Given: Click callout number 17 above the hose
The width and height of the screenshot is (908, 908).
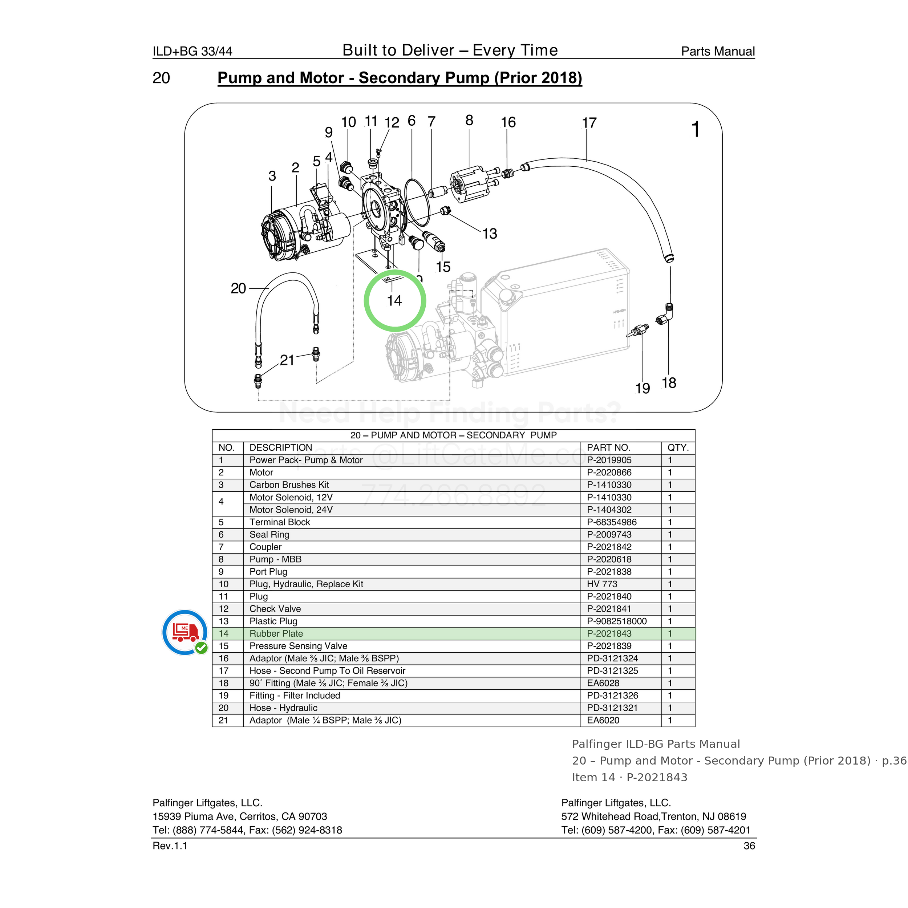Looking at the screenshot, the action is [x=589, y=123].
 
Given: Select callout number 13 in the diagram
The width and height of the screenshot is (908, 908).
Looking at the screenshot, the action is [x=489, y=234].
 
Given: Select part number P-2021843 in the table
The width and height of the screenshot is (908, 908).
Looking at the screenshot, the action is [x=609, y=633].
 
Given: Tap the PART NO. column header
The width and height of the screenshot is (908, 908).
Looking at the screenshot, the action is [x=609, y=447].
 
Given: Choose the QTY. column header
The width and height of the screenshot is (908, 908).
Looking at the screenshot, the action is [x=678, y=447].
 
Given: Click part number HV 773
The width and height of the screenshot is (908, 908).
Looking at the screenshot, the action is [x=602, y=584].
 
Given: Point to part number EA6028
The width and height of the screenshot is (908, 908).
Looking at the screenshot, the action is [x=603, y=683].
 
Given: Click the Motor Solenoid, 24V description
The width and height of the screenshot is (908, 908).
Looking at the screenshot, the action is [x=291, y=510].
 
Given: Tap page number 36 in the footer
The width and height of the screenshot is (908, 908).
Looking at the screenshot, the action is [x=749, y=846].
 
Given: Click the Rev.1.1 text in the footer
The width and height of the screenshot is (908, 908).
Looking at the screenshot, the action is [x=170, y=846].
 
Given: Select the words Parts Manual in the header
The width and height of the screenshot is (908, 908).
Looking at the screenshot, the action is [x=718, y=51].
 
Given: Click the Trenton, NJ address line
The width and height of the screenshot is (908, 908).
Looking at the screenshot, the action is [x=654, y=816].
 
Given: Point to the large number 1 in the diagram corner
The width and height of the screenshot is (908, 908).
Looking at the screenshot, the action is [x=696, y=129].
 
